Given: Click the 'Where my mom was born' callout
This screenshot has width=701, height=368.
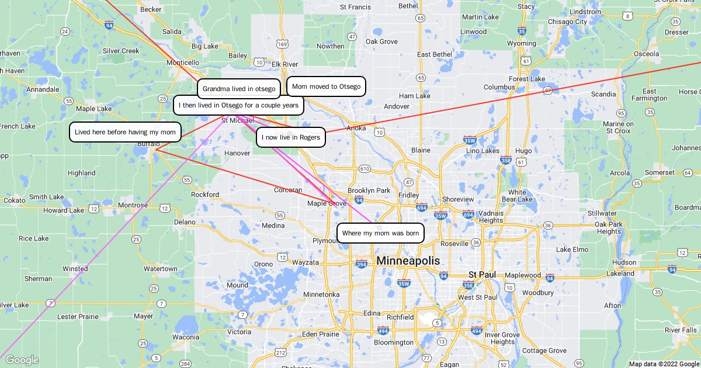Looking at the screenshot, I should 381,233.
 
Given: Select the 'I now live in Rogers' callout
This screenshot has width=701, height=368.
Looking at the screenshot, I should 291,137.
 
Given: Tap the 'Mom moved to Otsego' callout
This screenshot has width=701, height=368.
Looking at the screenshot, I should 326,86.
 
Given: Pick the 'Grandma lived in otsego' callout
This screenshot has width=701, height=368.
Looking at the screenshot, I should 239,89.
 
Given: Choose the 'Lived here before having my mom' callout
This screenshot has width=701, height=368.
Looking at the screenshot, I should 125,132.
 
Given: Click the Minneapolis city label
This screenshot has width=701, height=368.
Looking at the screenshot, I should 408,261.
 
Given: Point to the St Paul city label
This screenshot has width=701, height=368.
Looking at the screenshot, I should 483,274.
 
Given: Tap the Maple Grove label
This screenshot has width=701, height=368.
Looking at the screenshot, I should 327,203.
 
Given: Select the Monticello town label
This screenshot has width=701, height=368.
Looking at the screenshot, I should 183,63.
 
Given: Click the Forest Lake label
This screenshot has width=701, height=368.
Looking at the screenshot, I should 527,79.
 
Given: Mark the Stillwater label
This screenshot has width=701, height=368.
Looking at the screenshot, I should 602,213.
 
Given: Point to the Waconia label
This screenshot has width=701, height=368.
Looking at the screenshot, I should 185,337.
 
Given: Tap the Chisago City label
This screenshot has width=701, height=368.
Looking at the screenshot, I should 567,22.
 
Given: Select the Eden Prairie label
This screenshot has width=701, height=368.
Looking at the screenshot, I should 320,334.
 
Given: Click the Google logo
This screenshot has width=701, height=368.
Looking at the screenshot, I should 22,360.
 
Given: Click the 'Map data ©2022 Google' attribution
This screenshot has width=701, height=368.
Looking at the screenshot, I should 664,364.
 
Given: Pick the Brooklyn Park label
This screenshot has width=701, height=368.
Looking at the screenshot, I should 369,190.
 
